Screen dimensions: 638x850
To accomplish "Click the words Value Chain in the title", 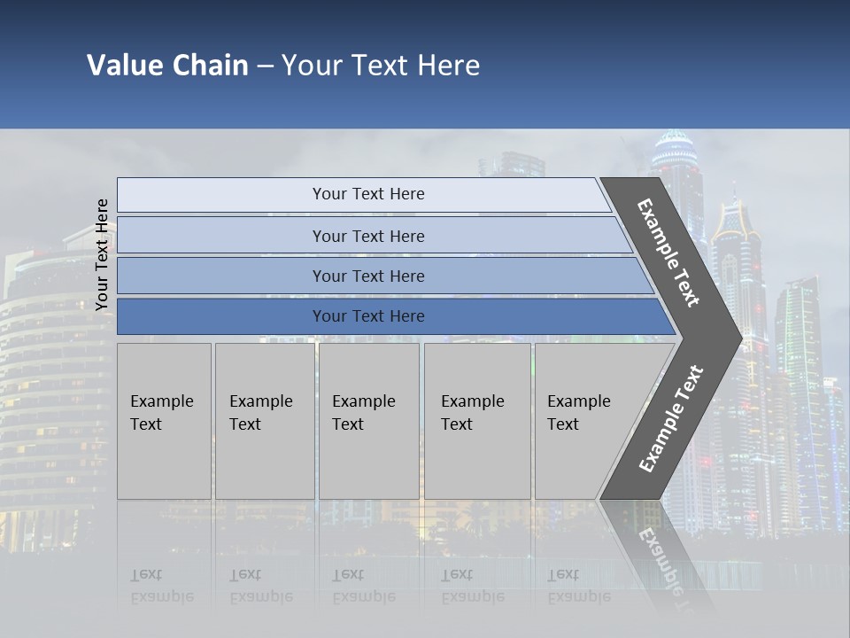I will coord(167,66).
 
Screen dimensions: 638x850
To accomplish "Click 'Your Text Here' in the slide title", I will coord(381,66).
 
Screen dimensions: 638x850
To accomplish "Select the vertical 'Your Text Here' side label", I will coord(102,254).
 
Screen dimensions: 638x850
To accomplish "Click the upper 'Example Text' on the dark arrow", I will coord(668,253).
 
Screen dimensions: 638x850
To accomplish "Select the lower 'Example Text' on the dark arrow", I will coord(670,418).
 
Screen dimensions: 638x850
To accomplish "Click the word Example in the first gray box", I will coord(161,401).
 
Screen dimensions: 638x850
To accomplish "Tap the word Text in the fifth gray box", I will coord(563,424).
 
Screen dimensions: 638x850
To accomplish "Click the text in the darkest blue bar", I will coord(368,316).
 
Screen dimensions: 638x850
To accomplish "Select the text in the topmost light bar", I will coord(368,194).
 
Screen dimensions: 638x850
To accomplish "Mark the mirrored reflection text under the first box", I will coord(161,586).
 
